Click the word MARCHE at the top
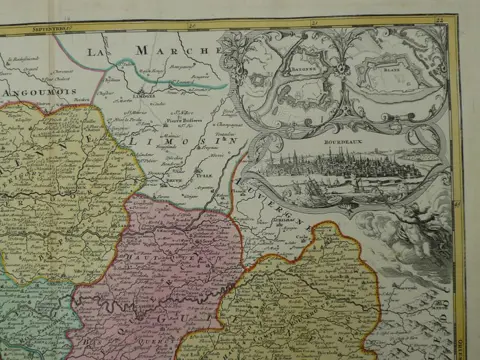click(179, 49)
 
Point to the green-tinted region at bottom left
click(30, 320)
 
